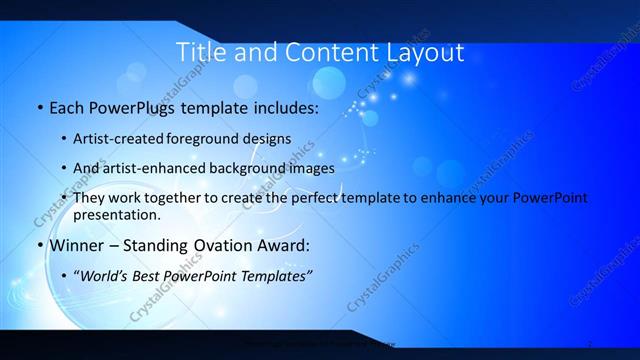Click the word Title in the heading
pos(199,52)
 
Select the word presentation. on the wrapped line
pos(116,214)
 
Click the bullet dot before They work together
pos(65,199)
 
